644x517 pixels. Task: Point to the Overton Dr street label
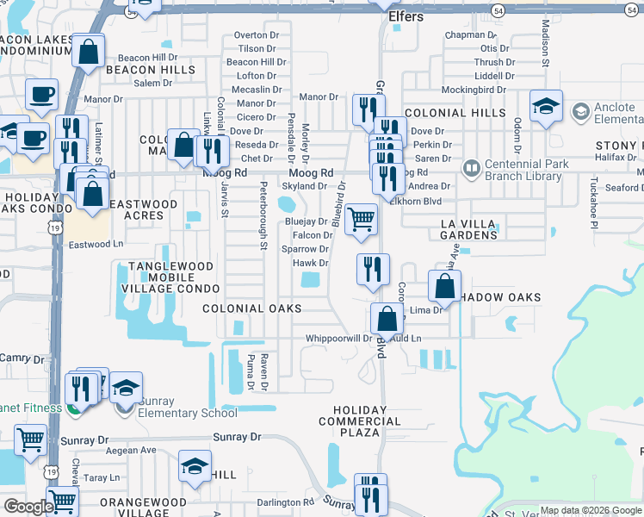(256, 35)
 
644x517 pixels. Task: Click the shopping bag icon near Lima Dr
(444, 286)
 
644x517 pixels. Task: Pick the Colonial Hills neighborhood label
(455, 113)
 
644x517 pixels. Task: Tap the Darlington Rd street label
(286, 502)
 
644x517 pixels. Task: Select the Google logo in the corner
(28, 508)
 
